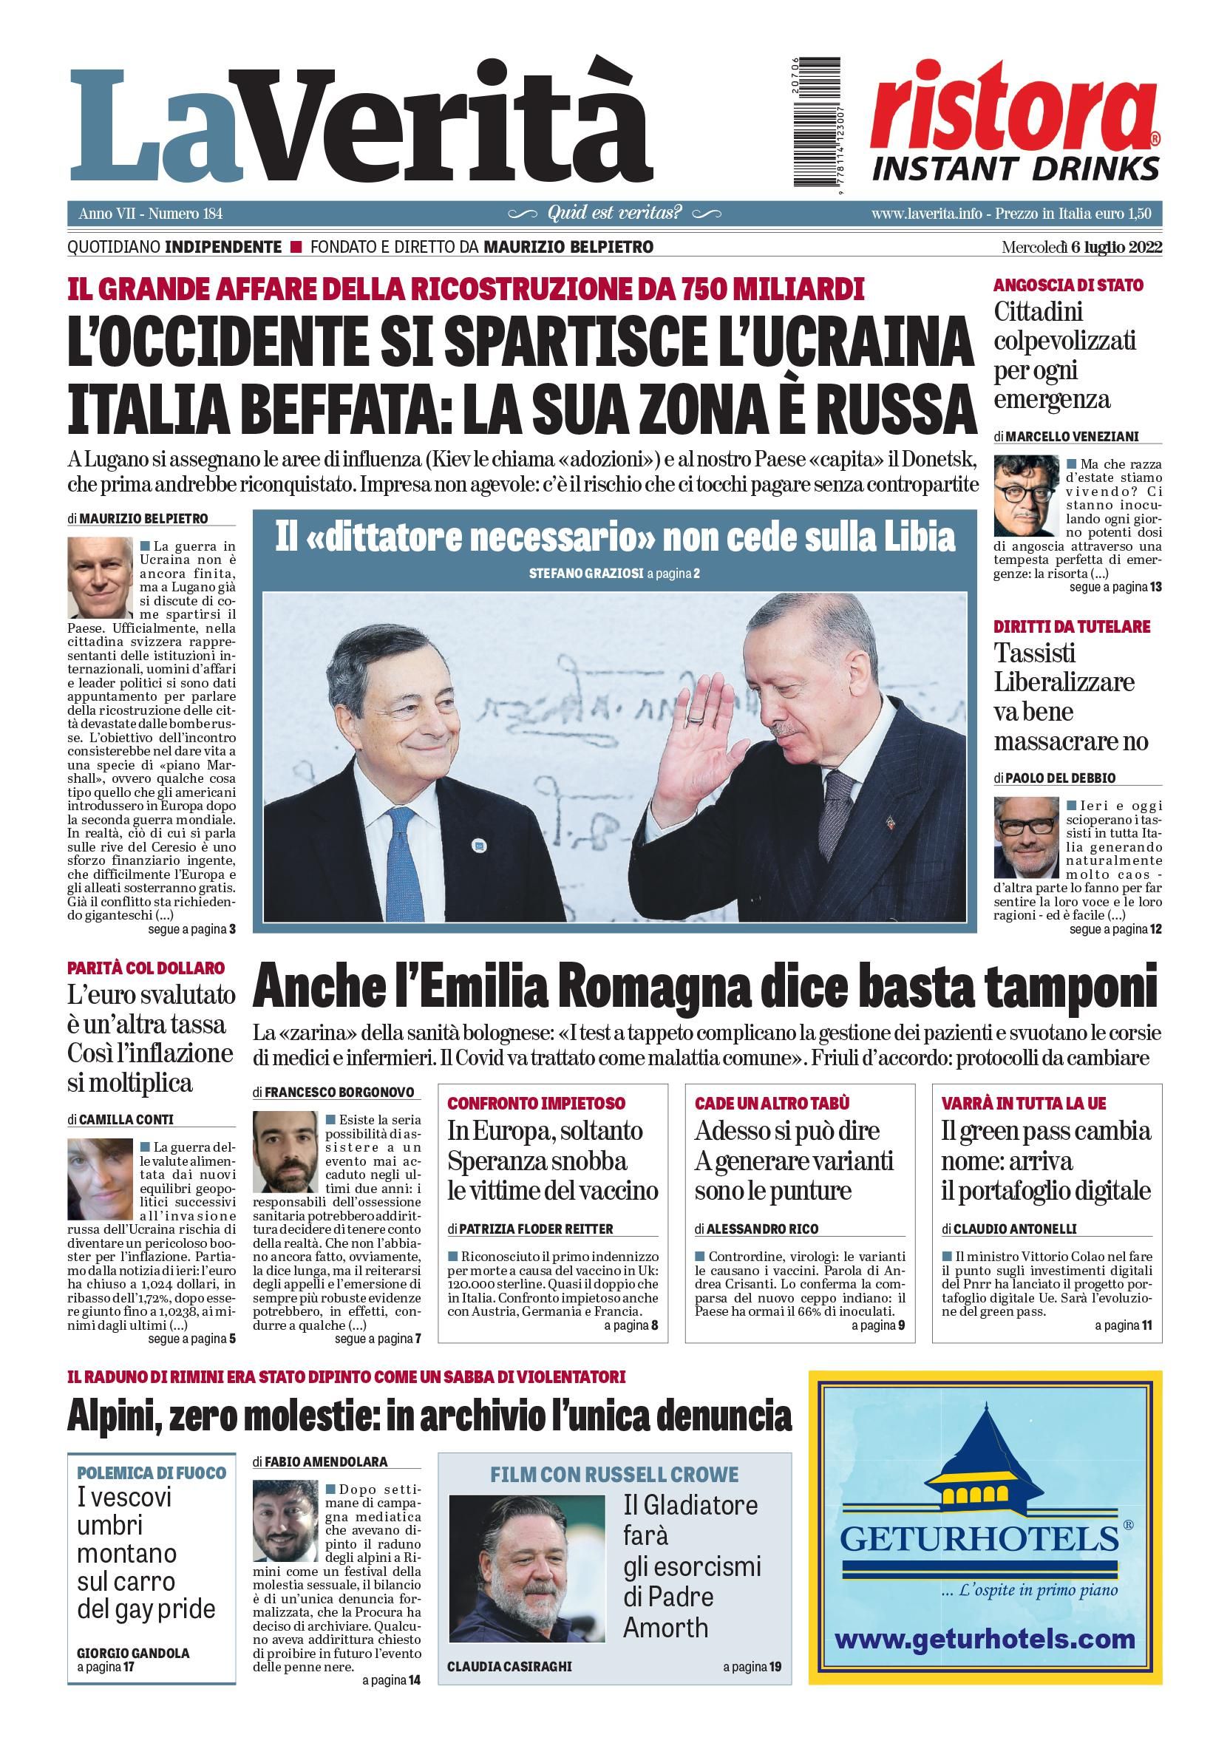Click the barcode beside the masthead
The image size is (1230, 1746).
[817, 122]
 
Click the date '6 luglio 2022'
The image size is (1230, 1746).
[1116, 247]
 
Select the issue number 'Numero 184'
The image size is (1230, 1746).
[186, 214]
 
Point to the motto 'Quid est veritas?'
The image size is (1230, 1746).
[614, 213]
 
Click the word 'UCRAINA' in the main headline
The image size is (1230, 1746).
[864, 342]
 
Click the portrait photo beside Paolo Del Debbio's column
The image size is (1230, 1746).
[1025, 838]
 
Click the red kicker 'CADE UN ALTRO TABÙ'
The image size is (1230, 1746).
[772, 1104]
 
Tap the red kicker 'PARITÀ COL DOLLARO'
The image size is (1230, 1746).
[146, 968]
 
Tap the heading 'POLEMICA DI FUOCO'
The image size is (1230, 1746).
[152, 1473]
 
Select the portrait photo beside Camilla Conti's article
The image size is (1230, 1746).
[100, 1180]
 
